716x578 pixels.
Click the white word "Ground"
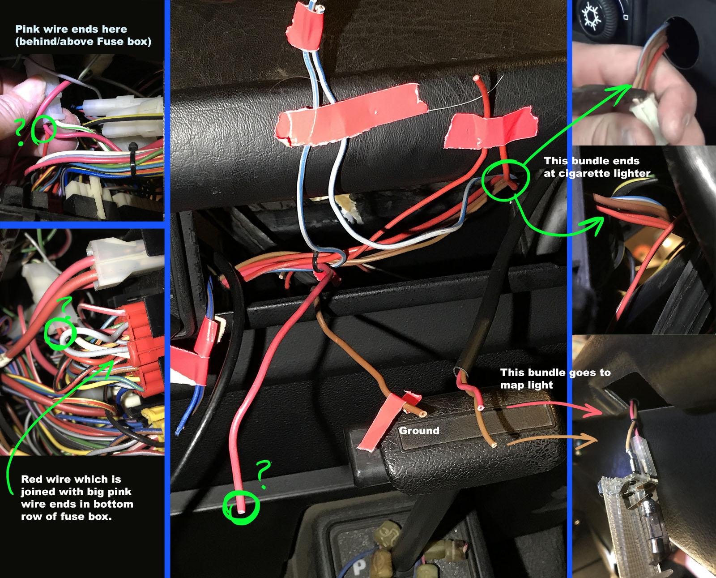tap(419, 431)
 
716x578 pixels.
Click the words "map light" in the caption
tap(527, 385)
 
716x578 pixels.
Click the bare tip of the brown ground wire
tap(423, 414)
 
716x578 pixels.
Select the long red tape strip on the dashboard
tap(351, 115)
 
